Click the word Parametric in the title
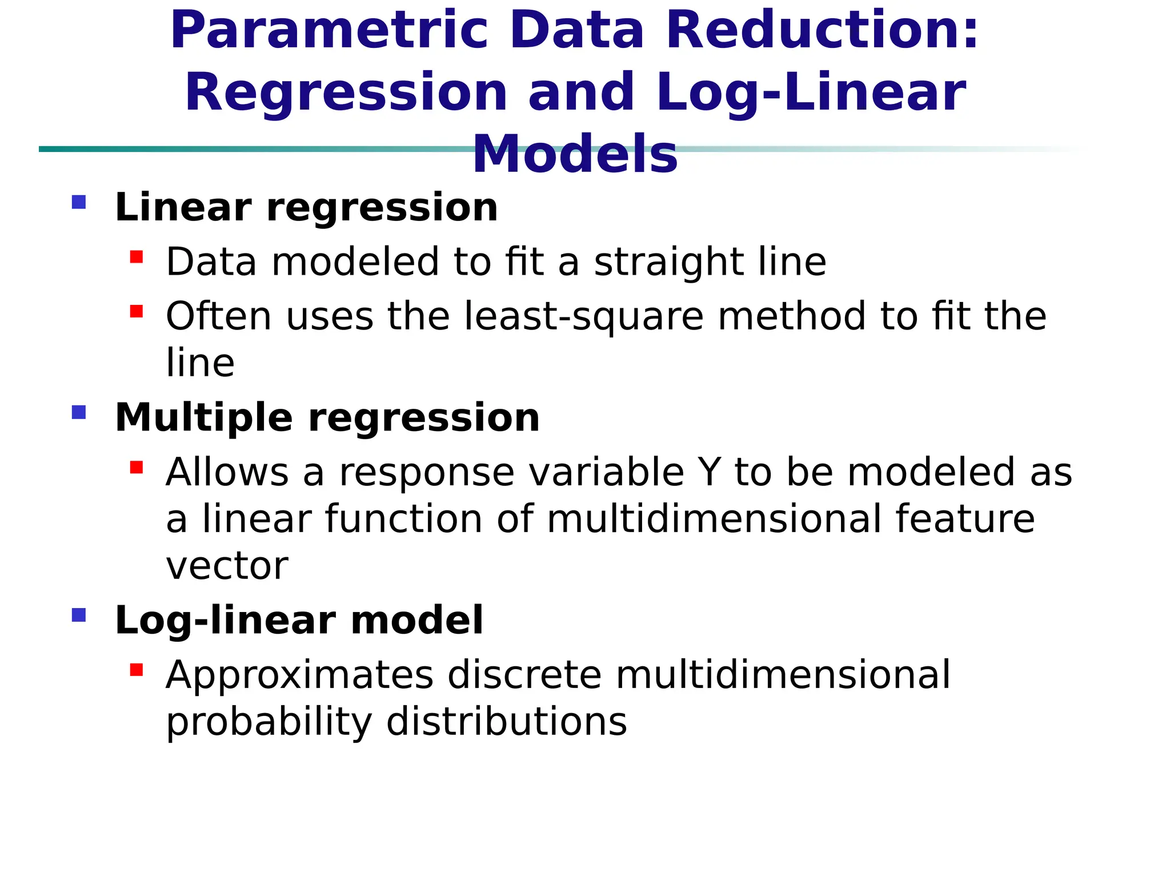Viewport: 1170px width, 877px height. click(328, 31)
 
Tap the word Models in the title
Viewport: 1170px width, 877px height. click(575, 154)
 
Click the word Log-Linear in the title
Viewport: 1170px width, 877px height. click(811, 92)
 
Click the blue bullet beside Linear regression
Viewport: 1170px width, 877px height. click(79, 202)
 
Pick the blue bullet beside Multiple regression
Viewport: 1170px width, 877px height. click(79, 412)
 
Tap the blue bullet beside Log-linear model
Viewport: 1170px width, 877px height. click(79, 615)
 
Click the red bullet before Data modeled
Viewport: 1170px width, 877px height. click(137, 257)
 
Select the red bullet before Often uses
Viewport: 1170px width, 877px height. click(137, 312)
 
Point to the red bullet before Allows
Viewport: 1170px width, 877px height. click(137, 468)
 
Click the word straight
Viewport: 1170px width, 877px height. click(669, 263)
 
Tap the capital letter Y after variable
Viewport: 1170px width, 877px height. click(709, 472)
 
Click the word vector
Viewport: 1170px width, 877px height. click(227, 566)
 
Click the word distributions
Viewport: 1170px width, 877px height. click(507, 722)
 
